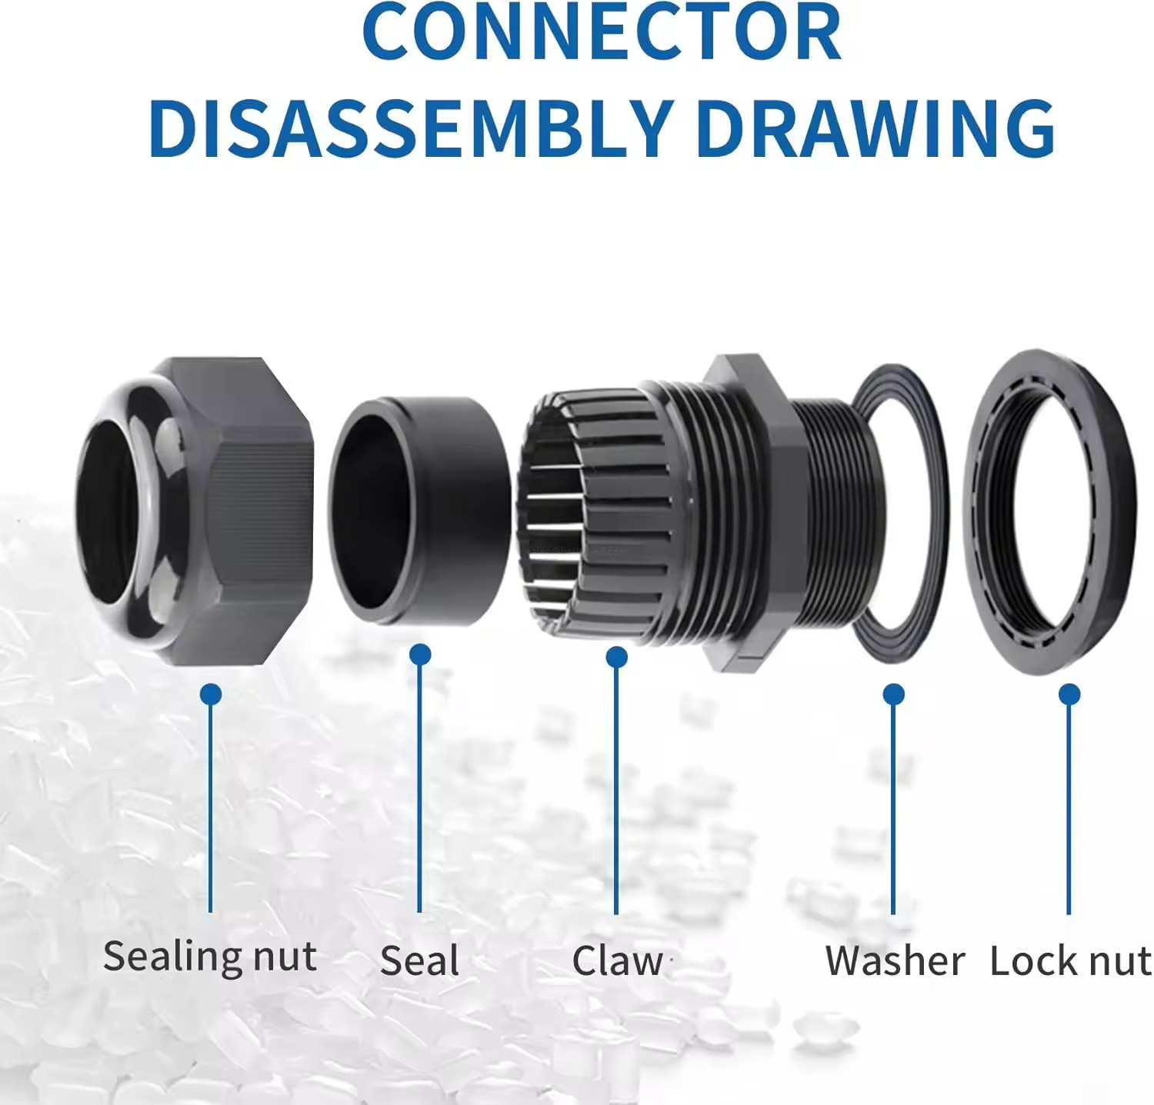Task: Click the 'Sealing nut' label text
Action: pyautogui.click(x=210, y=957)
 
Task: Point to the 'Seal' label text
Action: pyautogui.click(x=420, y=961)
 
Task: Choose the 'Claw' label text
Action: pyautogui.click(x=617, y=961)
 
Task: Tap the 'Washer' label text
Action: pyautogui.click(x=895, y=961)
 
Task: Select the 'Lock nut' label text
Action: pyautogui.click(x=1070, y=961)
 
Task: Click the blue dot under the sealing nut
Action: pyautogui.click(x=211, y=694)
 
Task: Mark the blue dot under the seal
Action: pyautogui.click(x=420, y=654)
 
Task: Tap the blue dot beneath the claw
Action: pyautogui.click(x=616, y=657)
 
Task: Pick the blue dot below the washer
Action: pyautogui.click(x=893, y=694)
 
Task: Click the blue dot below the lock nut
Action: pyautogui.click(x=1069, y=694)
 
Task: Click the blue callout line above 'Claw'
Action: pyautogui.click(x=616, y=792)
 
